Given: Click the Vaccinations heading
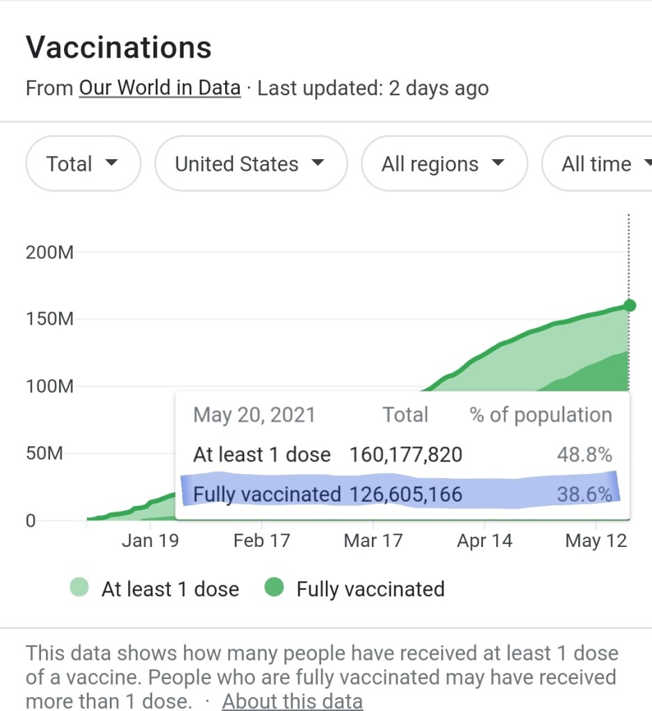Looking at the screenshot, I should tap(118, 47).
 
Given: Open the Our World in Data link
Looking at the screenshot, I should tap(159, 88).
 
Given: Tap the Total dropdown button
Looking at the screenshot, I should tap(83, 164).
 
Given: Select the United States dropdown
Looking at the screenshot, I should tap(250, 164).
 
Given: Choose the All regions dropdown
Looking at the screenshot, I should tap(443, 164).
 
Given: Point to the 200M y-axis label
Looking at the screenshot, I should tap(49, 252).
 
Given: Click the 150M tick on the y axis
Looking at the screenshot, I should tap(49, 320).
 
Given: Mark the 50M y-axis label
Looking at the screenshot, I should tap(44, 454).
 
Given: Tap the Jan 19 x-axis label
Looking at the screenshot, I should tap(149, 541).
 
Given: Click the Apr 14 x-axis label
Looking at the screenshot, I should tap(484, 541).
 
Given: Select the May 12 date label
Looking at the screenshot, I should tap(596, 541).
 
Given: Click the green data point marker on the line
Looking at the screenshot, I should tap(630, 305).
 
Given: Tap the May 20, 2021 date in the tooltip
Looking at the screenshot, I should tap(254, 415).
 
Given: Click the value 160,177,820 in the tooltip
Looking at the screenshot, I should tap(405, 455).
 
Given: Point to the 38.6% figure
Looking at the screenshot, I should tap(584, 494).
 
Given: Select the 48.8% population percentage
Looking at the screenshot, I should tap(584, 455).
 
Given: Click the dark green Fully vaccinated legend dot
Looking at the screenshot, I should tap(275, 589).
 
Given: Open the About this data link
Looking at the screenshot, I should tap(292, 701).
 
